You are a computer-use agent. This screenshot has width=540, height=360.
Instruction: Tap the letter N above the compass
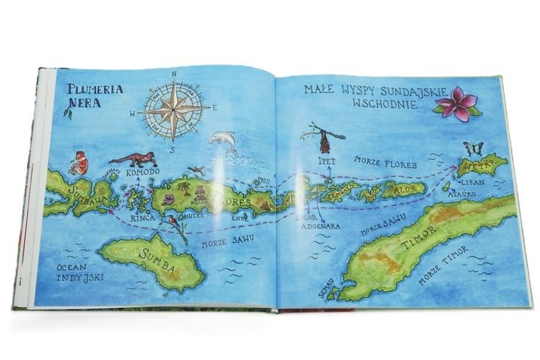(x=174, y=73)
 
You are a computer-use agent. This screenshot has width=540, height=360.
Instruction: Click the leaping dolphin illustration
(x=223, y=141)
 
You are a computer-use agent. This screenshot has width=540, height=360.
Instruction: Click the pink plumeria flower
(x=456, y=104)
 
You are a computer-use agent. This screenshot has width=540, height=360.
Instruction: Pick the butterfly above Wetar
(x=472, y=148)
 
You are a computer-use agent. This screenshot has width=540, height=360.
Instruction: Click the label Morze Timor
(x=443, y=265)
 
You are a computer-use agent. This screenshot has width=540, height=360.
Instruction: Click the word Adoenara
(x=320, y=226)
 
